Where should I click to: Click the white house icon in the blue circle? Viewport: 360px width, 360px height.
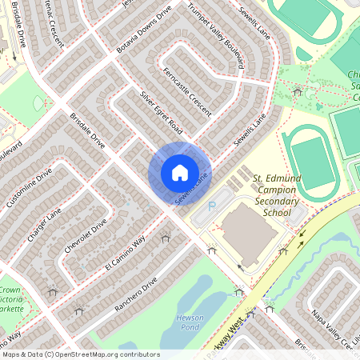coord(179,173)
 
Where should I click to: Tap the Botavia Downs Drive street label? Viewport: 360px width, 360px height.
coord(144,29)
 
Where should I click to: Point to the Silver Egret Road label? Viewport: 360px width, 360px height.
coord(162,112)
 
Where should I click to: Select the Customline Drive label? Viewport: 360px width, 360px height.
coord(33,190)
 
